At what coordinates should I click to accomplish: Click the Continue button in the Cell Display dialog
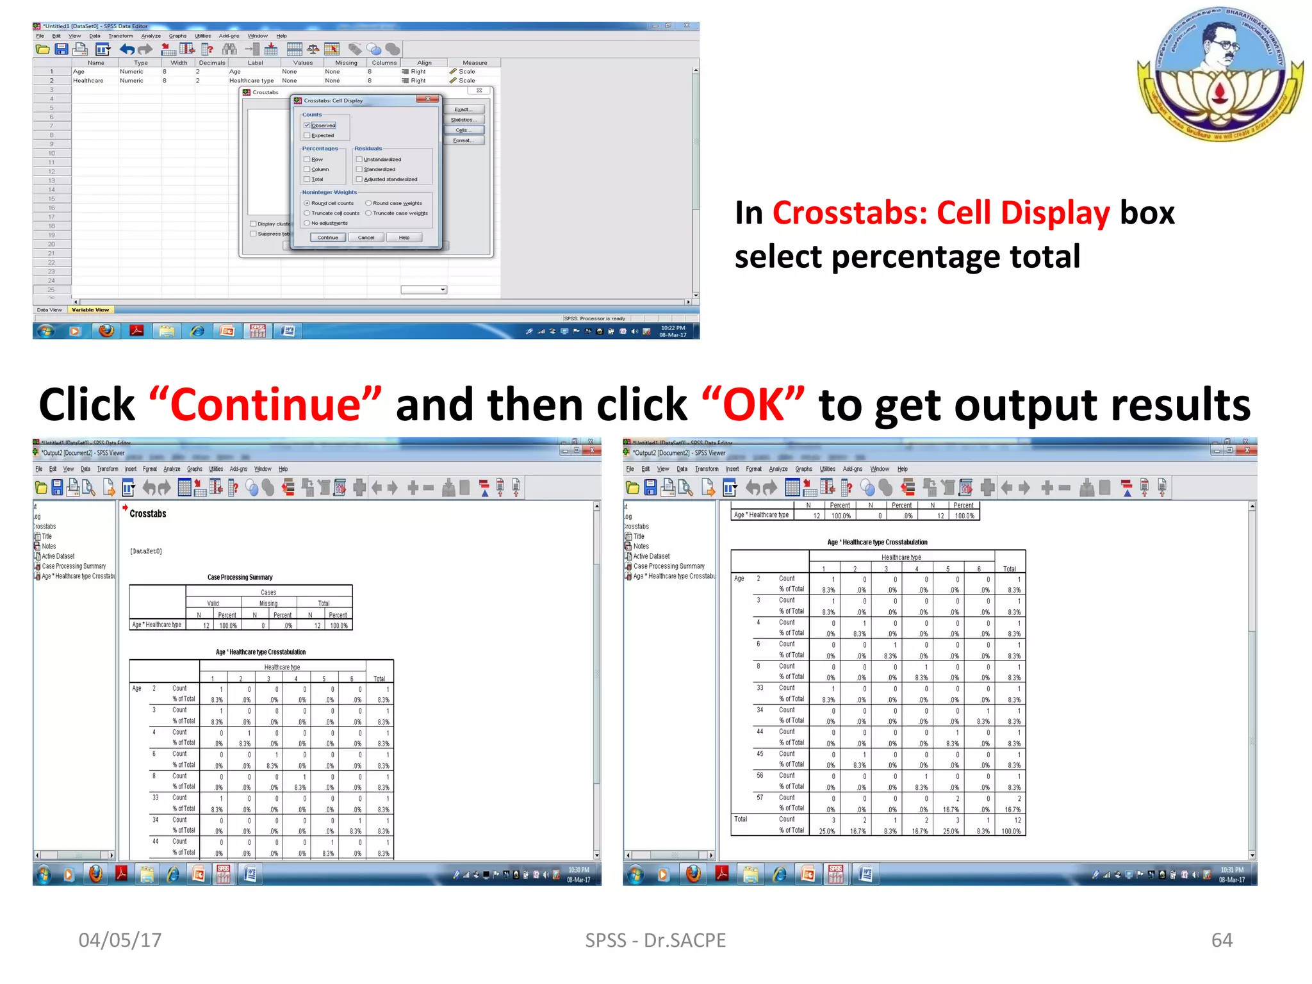327,238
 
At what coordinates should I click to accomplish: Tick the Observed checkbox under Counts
307,126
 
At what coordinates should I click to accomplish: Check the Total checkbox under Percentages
307,179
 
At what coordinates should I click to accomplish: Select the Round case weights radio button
368,203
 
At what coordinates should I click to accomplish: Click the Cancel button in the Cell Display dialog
366,238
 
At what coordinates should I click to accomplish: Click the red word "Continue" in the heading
265,405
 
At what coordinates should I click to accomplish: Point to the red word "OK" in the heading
753,405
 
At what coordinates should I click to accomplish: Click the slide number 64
1222,940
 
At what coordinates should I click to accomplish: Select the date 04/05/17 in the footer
120,940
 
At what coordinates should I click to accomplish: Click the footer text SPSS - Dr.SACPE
655,940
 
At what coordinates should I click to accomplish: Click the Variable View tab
90,310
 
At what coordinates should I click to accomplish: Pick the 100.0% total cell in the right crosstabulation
1010,832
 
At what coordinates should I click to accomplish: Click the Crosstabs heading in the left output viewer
147,514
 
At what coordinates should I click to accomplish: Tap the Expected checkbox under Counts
307,136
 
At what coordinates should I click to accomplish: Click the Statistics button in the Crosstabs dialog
464,120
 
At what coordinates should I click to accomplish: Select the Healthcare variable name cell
88,81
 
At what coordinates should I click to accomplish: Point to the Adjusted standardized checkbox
359,179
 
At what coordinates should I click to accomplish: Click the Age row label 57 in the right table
760,798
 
